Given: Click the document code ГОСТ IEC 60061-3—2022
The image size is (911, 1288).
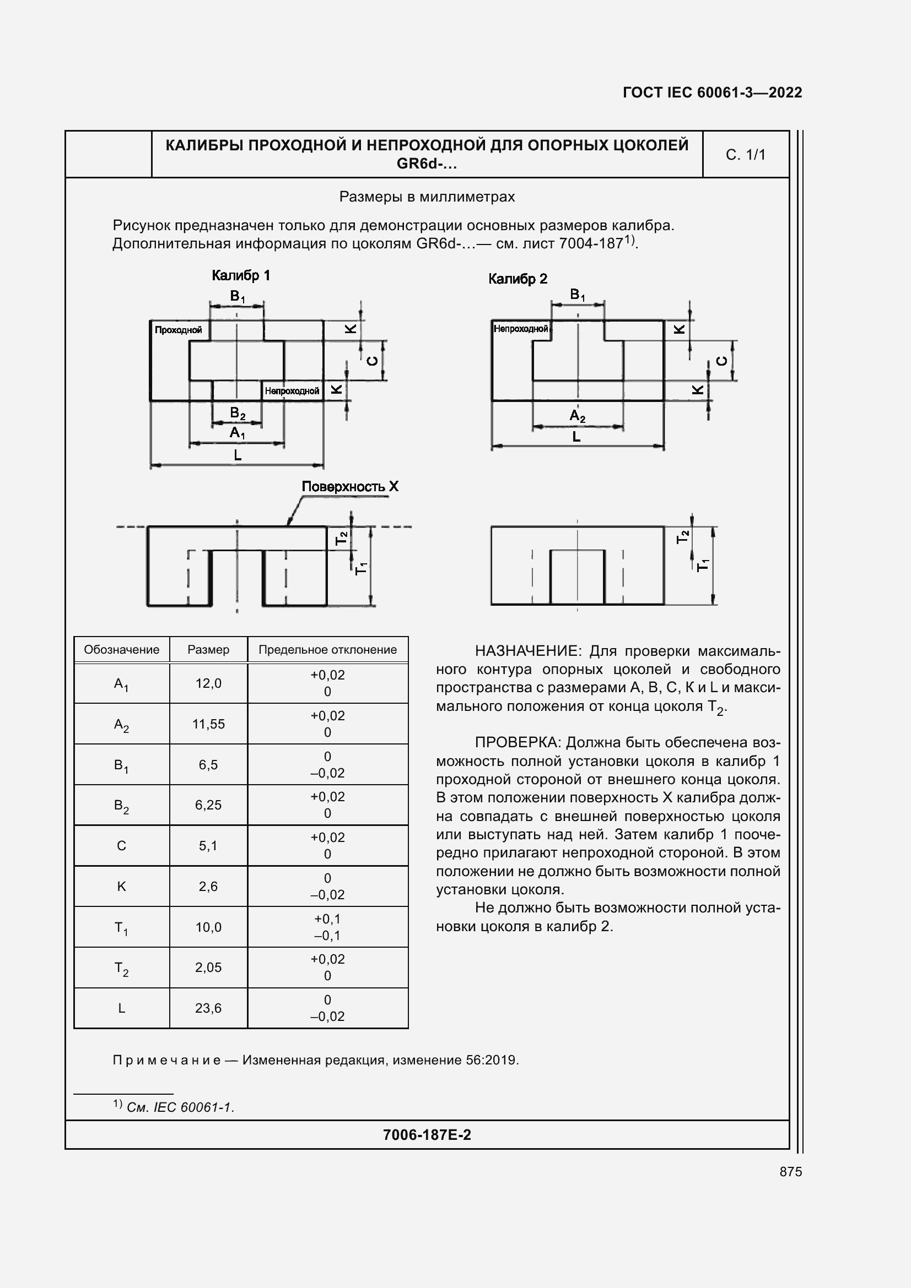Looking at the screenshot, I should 711,93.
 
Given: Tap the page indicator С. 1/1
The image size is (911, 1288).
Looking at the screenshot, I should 745,155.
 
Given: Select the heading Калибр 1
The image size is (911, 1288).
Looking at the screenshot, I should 241,275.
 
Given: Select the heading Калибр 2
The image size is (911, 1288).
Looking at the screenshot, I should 517,279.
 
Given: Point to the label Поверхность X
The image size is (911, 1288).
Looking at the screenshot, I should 350,486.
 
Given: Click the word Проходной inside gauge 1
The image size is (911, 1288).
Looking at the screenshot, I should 178,330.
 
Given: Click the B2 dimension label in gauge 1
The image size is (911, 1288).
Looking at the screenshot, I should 238,414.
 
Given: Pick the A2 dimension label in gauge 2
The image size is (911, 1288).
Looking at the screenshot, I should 577,416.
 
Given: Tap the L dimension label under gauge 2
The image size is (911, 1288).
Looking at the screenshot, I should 576,437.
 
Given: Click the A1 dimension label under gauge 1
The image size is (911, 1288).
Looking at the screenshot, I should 237,432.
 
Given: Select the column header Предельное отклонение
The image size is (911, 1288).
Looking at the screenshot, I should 327,650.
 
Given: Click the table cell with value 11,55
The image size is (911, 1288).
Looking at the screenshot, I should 208,724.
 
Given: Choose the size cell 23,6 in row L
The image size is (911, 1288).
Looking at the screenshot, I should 208,1008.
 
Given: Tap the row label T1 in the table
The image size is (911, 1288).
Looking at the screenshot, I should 121,928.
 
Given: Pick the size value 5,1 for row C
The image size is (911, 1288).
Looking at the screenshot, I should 208,846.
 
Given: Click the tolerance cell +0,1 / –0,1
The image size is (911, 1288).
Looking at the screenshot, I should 327,927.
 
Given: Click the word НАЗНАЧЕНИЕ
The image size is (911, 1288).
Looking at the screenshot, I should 525,651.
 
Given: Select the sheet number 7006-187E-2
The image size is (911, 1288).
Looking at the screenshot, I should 427,1135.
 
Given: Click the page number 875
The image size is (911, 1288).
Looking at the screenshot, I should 790,1172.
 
